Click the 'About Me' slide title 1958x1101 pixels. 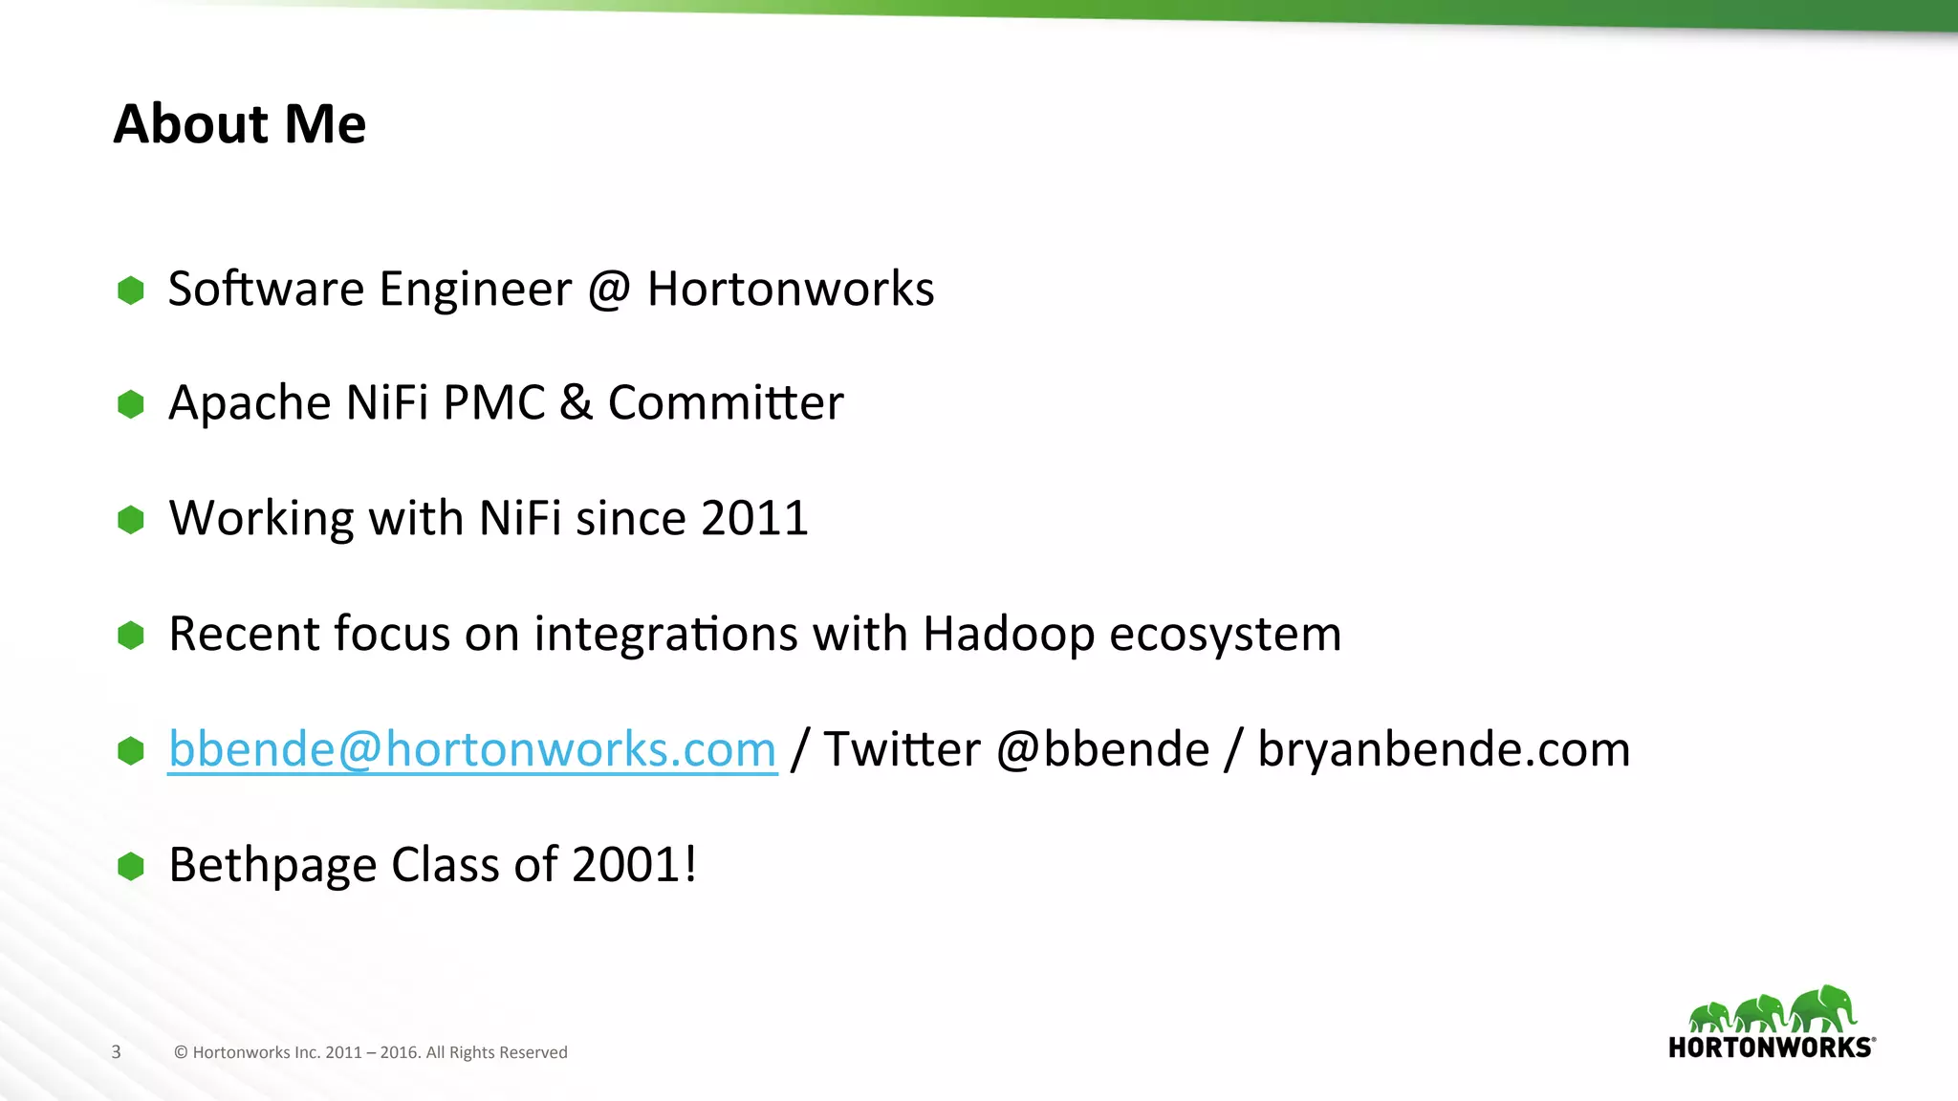[239, 124]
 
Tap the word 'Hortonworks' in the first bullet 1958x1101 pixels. [790, 289]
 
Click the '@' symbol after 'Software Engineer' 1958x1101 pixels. [609, 289]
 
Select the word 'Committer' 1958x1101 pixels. [726, 402]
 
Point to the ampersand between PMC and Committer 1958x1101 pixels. [576, 402]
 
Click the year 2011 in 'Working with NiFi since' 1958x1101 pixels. [754, 518]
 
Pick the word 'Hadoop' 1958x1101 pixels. [1008, 634]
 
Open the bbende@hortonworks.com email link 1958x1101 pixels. [472, 749]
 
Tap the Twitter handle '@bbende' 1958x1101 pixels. [1102, 749]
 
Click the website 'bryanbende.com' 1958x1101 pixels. [1444, 749]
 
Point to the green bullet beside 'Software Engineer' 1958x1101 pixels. [131, 290]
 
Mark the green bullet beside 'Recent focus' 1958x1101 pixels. [131, 635]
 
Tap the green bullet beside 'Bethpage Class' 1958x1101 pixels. [131, 866]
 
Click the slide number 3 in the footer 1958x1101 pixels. [117, 1052]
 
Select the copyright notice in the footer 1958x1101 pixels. [371, 1052]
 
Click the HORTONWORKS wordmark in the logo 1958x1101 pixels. [1771, 1047]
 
